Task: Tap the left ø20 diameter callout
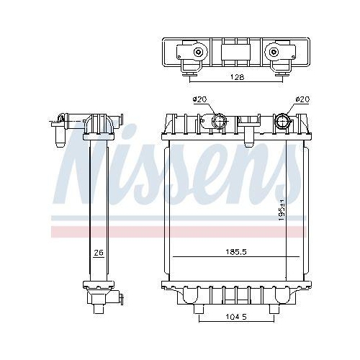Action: tap(199, 99)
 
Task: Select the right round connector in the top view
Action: tap(274, 53)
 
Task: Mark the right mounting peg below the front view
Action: tap(274, 309)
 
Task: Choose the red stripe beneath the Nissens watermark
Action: tap(180, 233)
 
